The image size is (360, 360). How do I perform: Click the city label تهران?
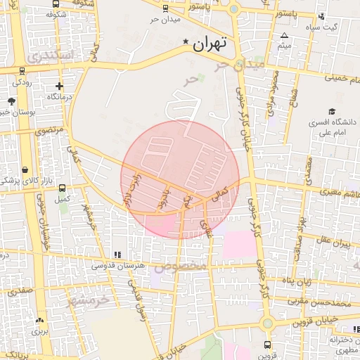[x=210, y=44]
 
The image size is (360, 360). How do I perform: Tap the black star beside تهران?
[x=186, y=42]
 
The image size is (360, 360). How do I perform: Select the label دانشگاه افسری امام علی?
[x=333, y=126]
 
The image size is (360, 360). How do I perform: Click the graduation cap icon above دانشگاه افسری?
[x=330, y=111]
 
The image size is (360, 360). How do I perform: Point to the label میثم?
[x=284, y=46]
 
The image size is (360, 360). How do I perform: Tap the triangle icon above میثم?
[x=284, y=35]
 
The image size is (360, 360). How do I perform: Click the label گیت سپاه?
[x=321, y=27]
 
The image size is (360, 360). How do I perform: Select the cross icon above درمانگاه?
[x=59, y=86]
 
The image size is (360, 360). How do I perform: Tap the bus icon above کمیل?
[x=63, y=188]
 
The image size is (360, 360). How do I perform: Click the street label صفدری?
[x=21, y=289]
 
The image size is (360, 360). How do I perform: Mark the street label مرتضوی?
[x=49, y=130]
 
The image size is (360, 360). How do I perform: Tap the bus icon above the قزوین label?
[x=267, y=345]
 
